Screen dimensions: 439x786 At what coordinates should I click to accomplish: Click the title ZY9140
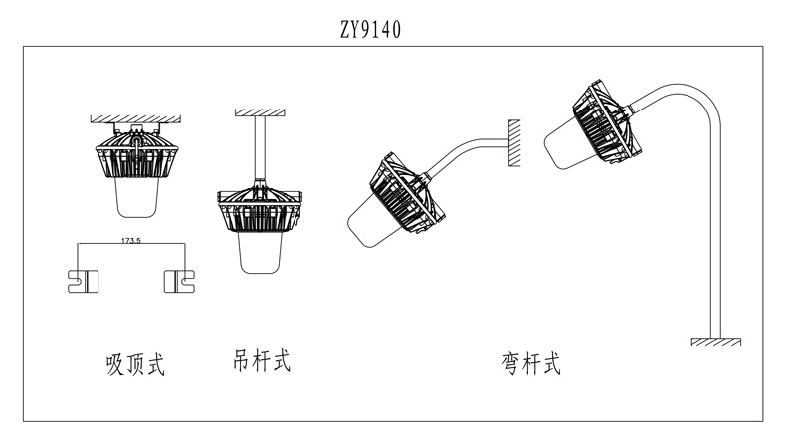pyautogui.click(x=370, y=29)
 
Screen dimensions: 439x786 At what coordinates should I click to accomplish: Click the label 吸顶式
pyautogui.click(x=134, y=365)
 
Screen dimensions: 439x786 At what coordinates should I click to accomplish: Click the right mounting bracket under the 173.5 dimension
pyautogui.click(x=179, y=281)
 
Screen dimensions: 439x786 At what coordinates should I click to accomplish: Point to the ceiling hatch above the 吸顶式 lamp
pyautogui.click(x=132, y=116)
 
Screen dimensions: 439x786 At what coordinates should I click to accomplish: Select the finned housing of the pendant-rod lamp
pyautogui.click(x=260, y=209)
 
